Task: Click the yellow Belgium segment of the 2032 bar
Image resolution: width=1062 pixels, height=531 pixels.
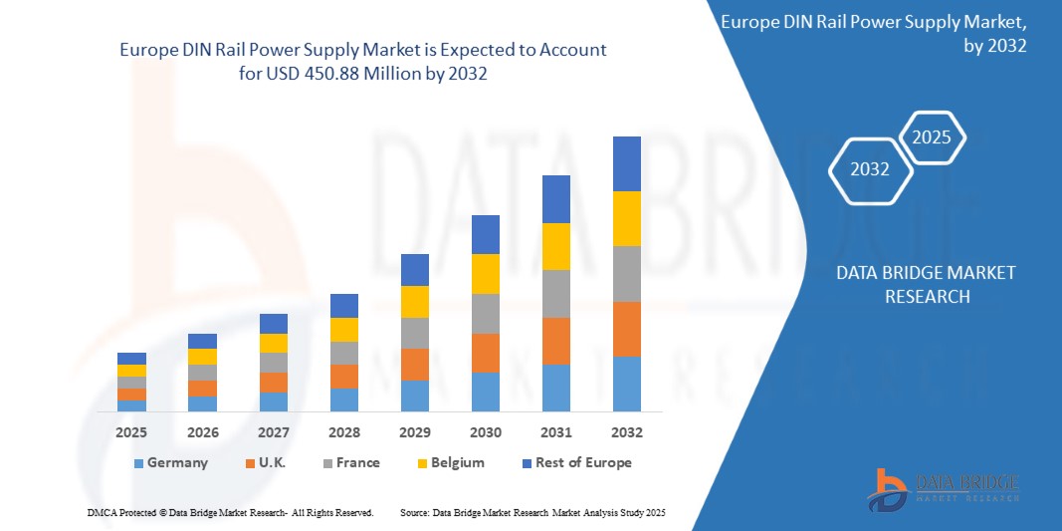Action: (x=627, y=218)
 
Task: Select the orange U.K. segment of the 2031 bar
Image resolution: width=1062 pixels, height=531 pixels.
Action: (x=556, y=341)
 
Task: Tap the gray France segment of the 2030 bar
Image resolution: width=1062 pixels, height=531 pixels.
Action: (x=485, y=313)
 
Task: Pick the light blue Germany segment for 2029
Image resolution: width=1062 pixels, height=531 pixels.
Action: (x=415, y=396)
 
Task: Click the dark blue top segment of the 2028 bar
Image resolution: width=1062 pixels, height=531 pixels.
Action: (x=343, y=305)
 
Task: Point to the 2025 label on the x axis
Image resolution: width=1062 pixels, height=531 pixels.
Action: (x=131, y=432)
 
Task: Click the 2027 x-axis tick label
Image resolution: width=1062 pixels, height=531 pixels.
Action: (x=273, y=432)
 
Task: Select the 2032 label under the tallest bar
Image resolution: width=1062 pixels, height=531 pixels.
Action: (x=627, y=432)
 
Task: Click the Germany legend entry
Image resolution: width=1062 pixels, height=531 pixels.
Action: (x=170, y=462)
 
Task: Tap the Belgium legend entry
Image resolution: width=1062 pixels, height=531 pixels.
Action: (x=450, y=462)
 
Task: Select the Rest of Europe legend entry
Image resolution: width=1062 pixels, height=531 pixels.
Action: (x=576, y=462)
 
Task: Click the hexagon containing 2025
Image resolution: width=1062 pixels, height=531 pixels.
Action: (x=933, y=137)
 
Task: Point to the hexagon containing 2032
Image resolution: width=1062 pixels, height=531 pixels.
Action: (x=870, y=169)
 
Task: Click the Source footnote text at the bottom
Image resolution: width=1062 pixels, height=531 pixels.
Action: (x=531, y=512)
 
